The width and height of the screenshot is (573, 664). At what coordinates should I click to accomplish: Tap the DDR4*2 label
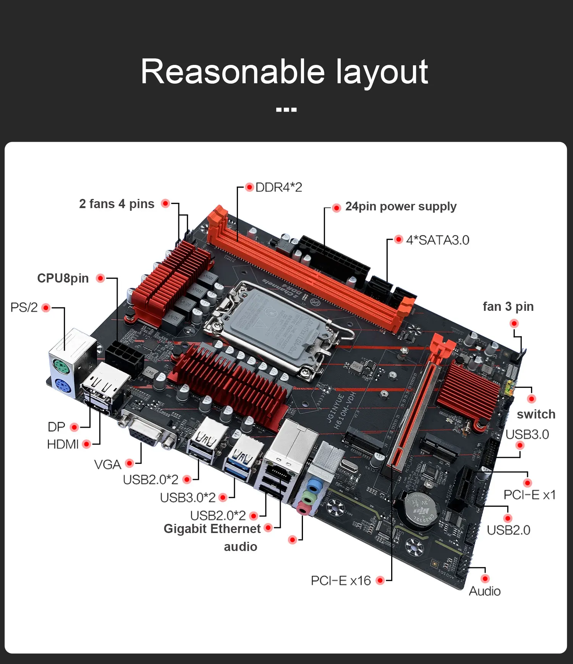pyautogui.click(x=278, y=187)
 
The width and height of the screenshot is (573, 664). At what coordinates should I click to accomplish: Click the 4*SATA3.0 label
pyautogui.click(x=437, y=240)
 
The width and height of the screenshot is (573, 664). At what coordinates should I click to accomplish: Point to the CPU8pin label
pyautogui.click(x=63, y=278)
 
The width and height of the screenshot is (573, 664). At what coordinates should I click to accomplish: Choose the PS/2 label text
pyautogui.click(x=24, y=307)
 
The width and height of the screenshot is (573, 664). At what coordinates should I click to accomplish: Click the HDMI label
pyautogui.click(x=63, y=444)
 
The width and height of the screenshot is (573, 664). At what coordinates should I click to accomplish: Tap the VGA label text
pyautogui.click(x=107, y=464)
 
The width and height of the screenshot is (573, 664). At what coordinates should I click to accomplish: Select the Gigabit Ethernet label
pyautogui.click(x=212, y=529)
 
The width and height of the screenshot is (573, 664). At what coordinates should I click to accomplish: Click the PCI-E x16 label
pyautogui.click(x=341, y=581)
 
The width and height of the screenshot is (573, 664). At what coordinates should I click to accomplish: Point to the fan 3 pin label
pyautogui.click(x=508, y=307)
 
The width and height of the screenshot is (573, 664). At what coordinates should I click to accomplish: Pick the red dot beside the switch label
pyautogui.click(x=531, y=399)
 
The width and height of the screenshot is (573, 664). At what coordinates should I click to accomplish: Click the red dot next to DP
pyautogui.click(x=74, y=427)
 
